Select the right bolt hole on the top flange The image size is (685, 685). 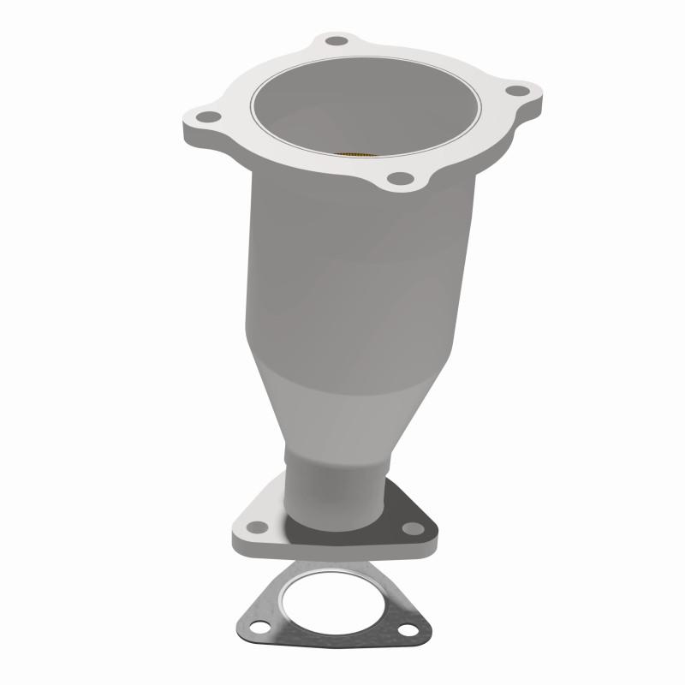tap(515, 89)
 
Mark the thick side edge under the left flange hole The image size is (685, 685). tap(201, 137)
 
